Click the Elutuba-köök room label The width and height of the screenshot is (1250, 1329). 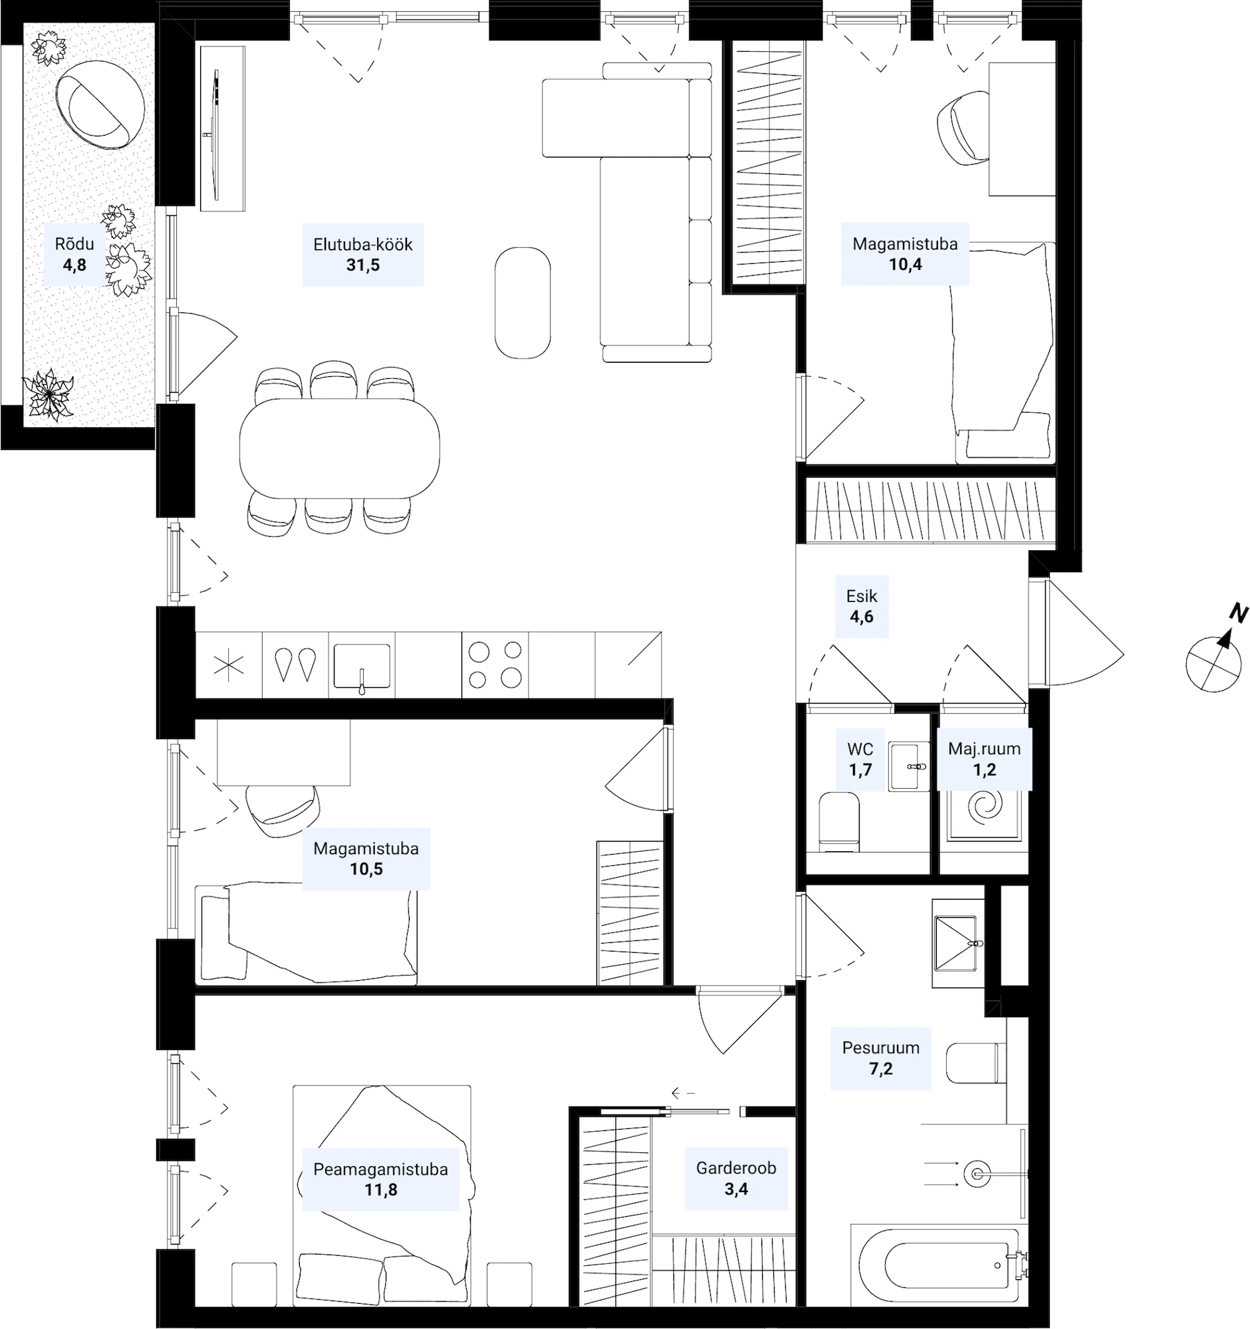tap(362, 244)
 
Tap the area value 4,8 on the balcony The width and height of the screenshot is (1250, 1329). tap(74, 264)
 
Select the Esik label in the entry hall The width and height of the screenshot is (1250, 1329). tap(862, 595)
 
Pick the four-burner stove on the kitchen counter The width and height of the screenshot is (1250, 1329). tap(495, 664)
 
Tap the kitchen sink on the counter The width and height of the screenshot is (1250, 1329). tap(362, 666)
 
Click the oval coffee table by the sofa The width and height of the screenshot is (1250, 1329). tap(523, 302)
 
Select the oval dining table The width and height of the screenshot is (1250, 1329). tap(340, 449)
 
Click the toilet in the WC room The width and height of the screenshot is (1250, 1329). tap(839, 821)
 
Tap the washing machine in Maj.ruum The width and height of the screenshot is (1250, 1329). tap(984, 815)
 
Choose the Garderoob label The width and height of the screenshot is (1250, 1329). tap(735, 1168)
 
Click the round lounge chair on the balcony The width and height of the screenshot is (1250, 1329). tap(100, 104)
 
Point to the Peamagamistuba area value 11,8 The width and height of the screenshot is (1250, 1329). tap(380, 1190)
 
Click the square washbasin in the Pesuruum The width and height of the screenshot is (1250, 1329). tap(958, 944)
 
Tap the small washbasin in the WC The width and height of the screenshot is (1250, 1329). tap(908, 766)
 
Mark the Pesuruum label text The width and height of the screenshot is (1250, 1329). tap(881, 1047)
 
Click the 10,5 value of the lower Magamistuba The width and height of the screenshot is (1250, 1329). tap(366, 869)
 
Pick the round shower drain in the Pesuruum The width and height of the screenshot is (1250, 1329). tap(977, 1174)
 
